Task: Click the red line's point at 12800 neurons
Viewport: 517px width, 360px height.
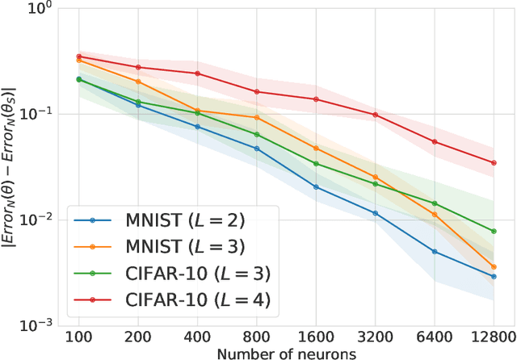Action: pos(494,163)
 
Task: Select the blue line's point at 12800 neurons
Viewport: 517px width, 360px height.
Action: pos(494,276)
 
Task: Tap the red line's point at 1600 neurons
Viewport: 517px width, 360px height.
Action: pos(316,99)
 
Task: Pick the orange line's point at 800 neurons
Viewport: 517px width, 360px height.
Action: pos(257,118)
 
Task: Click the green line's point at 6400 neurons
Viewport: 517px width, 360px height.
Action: pos(435,203)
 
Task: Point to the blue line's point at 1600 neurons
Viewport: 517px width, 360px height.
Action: pos(316,187)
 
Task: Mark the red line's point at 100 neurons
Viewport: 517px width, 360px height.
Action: pos(78,57)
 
